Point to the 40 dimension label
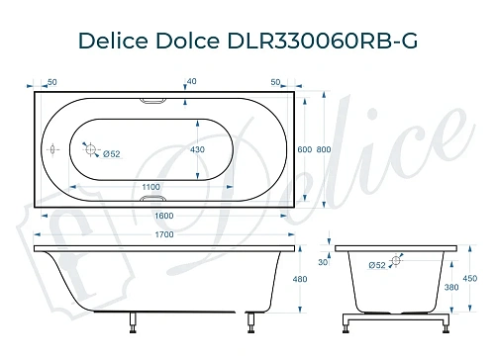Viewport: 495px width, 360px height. [x=191, y=82]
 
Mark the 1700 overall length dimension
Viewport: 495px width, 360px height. [x=165, y=235]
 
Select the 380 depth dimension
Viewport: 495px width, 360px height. [x=452, y=288]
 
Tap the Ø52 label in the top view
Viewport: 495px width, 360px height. [x=112, y=153]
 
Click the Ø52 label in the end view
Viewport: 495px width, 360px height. [x=377, y=265]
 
